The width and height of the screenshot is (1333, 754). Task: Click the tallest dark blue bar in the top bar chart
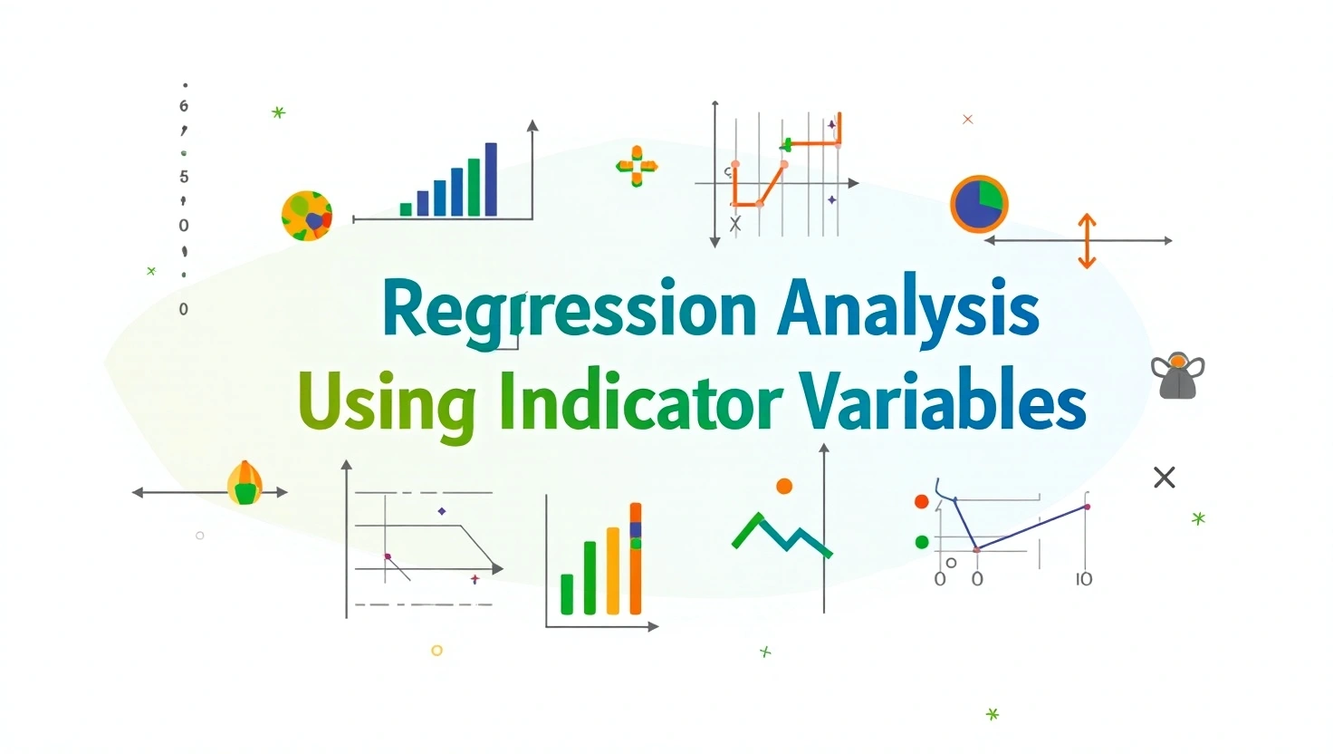pyautogui.click(x=491, y=179)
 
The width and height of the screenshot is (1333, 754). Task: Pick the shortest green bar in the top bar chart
pyautogui.click(x=406, y=209)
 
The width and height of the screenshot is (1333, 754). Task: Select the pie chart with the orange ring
pyautogui.click(x=979, y=204)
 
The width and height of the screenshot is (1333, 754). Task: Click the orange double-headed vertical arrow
pyautogui.click(x=1087, y=241)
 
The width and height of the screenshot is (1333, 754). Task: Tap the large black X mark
pyautogui.click(x=1165, y=478)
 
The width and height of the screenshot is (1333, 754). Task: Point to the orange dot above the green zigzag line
pyautogui.click(x=784, y=487)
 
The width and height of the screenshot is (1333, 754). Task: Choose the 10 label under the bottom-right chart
pyautogui.click(x=1083, y=579)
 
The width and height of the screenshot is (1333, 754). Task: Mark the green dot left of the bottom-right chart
pyautogui.click(x=922, y=542)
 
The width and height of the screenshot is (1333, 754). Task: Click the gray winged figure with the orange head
pyautogui.click(x=1177, y=376)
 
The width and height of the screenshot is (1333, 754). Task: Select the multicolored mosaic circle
pyautogui.click(x=307, y=216)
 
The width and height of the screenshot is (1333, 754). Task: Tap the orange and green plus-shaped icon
pyautogui.click(x=637, y=166)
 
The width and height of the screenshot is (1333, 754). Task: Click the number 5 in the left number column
pyautogui.click(x=184, y=177)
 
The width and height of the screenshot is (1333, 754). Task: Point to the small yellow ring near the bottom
pyautogui.click(x=436, y=651)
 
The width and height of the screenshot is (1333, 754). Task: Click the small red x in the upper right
pyautogui.click(x=967, y=120)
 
